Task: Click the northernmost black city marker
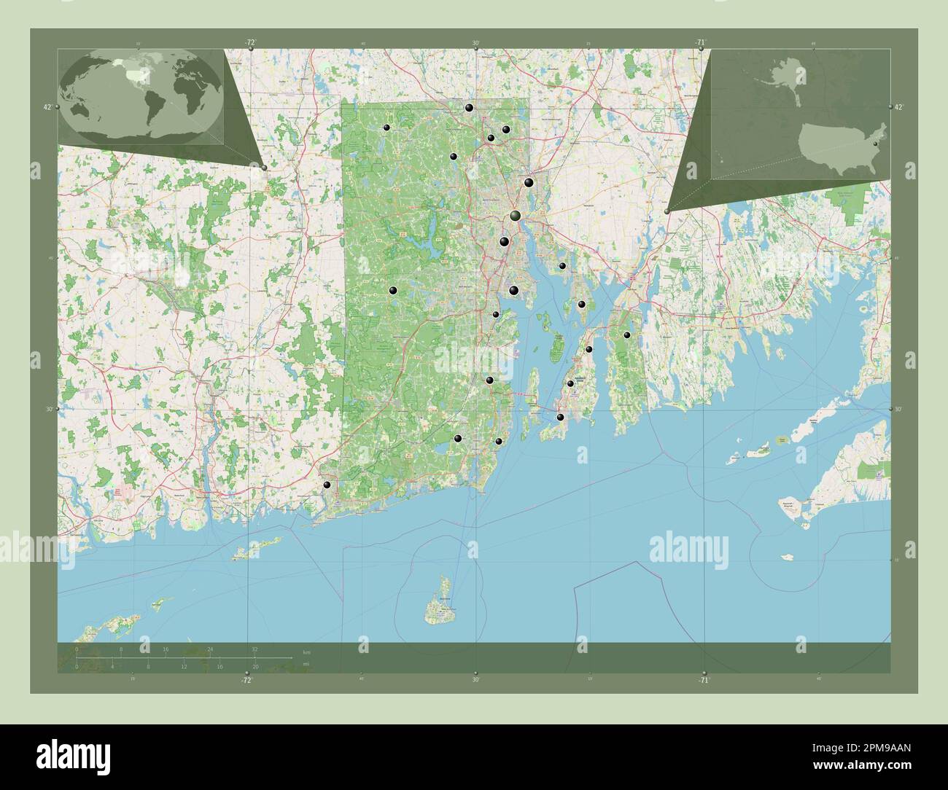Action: [x=469, y=108]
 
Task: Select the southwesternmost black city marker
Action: [x=327, y=485]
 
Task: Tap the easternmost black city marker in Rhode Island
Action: [x=627, y=335]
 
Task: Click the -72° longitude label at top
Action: [x=250, y=42]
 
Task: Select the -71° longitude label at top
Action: [x=700, y=42]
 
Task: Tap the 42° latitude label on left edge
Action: [x=47, y=107]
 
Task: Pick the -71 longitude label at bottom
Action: [x=703, y=680]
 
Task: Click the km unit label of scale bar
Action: [x=306, y=652]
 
